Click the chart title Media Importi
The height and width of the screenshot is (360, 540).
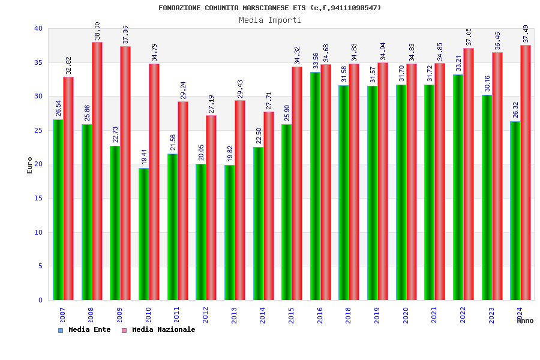tap(269, 20)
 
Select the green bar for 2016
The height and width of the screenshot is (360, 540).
tap(315, 186)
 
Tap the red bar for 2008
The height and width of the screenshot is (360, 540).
tap(97, 171)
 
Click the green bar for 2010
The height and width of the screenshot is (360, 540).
tap(143, 234)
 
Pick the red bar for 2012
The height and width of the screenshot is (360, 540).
tap(211, 208)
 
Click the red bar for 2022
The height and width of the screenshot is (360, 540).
tap(469, 174)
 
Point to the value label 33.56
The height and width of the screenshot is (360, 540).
tap(316, 61)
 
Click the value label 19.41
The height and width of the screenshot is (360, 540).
tap(144, 157)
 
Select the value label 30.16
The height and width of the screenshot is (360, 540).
tap(487, 84)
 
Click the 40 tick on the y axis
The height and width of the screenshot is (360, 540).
tap(38, 28)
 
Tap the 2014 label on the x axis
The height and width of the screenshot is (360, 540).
tap(263, 315)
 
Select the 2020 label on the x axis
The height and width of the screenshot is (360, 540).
tap(406, 315)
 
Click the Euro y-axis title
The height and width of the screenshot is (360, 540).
tap(29, 165)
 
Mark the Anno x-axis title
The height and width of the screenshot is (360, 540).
tap(525, 320)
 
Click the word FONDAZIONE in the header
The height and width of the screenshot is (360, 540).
tap(181, 8)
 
